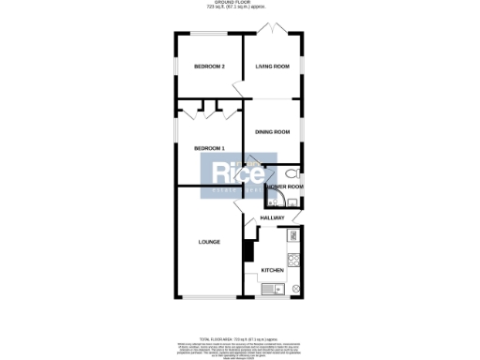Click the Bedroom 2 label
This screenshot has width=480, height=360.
coord(209,67)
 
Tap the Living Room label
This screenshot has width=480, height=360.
coord(272,67)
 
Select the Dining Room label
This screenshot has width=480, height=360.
coord(272,132)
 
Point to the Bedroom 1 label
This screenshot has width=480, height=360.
coord(209,148)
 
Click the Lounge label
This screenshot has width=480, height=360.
coord(209,242)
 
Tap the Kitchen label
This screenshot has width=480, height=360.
coord(272,271)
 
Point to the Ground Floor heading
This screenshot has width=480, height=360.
coord(240,4)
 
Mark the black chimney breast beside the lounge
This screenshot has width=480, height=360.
coord(247,251)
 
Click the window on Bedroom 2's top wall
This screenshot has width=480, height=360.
coord(208,36)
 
